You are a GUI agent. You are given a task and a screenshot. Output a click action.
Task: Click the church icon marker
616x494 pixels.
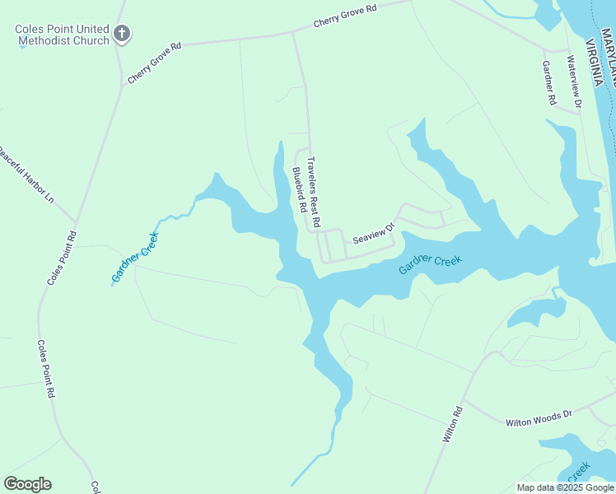point(122,34)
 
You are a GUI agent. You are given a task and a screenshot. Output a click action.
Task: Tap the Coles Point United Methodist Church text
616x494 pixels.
point(62,35)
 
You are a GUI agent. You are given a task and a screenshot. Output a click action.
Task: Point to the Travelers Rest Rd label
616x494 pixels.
point(313,193)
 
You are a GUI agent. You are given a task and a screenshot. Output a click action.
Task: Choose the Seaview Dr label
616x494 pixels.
point(374,233)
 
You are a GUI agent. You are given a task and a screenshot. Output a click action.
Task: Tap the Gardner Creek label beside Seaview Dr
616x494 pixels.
point(430,264)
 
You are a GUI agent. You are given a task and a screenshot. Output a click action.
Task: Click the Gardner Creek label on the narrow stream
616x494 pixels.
point(134,256)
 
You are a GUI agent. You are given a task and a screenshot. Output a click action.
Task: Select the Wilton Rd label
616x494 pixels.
point(453,424)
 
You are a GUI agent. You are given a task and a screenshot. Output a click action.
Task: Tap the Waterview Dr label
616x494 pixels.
point(574,82)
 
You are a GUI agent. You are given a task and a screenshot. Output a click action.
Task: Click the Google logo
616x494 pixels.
point(27,483)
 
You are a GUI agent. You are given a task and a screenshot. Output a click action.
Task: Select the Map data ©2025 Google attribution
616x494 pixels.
point(565,487)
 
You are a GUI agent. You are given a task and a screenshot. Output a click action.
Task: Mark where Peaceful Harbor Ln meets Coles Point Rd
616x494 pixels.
point(77,222)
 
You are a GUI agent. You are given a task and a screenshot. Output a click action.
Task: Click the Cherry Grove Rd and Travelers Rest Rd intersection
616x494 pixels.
point(293,33)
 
